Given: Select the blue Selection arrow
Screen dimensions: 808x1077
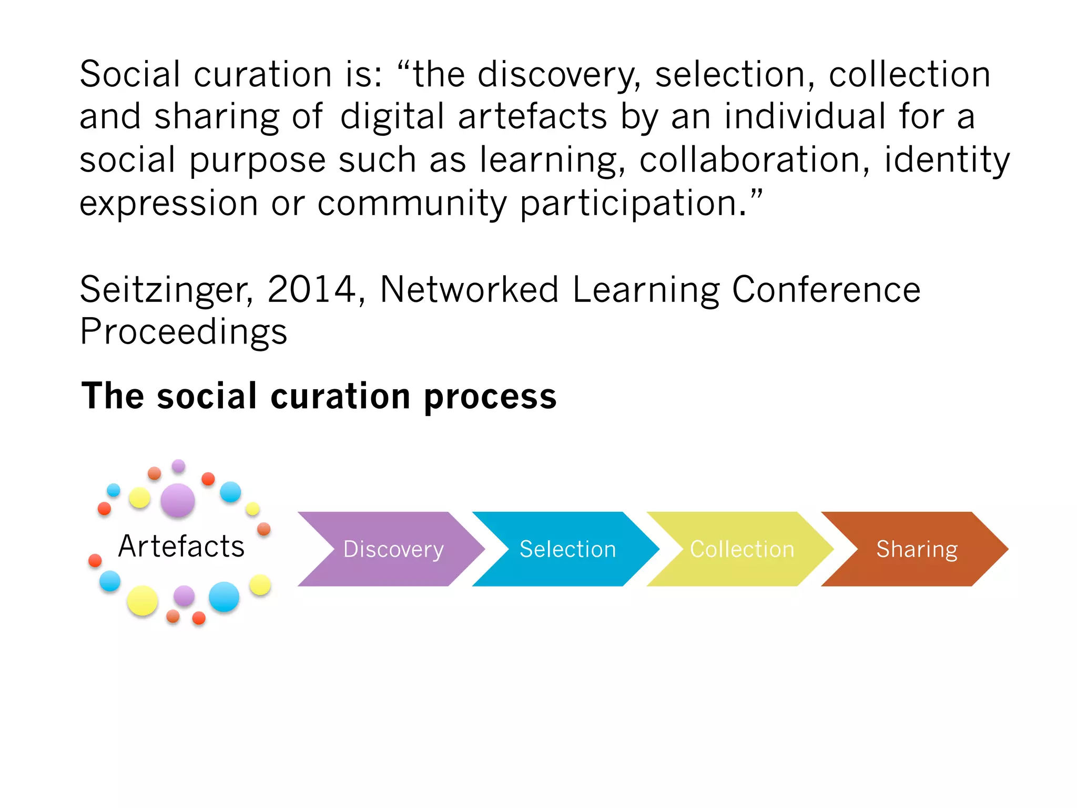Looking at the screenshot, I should (567, 549).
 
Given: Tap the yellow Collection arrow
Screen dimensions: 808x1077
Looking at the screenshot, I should (741, 549).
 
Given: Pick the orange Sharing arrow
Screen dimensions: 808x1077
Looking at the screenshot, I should (917, 549).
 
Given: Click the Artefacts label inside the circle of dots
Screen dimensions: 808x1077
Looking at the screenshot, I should (181, 546).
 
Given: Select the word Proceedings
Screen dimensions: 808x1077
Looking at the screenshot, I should (184, 332).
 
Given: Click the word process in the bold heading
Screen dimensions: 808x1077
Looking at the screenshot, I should (490, 397).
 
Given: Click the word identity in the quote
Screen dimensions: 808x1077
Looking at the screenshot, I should (947, 161).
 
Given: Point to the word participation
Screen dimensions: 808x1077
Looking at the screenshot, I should (633, 204).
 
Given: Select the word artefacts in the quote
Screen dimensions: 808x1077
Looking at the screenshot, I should (532, 117).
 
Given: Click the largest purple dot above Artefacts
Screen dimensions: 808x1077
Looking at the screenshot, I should (178, 500).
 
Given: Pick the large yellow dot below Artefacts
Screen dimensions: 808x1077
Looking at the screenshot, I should (143, 600).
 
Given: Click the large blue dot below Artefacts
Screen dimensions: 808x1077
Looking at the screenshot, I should (224, 597).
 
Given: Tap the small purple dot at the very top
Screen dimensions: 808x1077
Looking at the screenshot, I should (179, 466).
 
